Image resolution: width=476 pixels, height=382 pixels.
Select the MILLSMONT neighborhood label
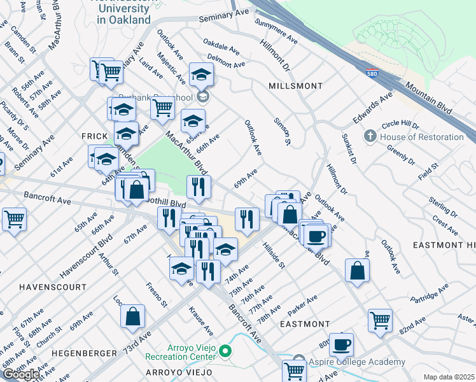tap(295, 85)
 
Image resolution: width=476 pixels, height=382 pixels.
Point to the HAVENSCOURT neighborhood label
tap(52, 287)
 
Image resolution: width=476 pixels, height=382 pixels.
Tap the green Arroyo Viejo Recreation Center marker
tap(225, 350)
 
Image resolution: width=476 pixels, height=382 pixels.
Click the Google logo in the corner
tap(21, 374)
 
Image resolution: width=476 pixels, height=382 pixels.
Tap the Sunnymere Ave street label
tap(276, 32)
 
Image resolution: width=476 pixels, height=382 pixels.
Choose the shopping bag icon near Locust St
tap(132, 316)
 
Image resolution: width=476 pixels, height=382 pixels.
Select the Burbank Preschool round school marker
tap(203, 97)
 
